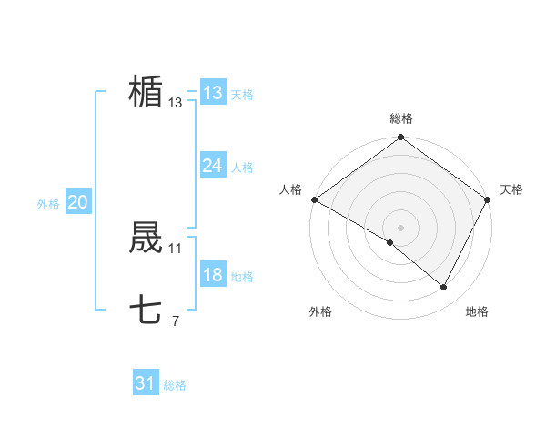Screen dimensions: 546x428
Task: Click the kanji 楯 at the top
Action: point(146,92)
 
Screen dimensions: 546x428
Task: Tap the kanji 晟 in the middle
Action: point(146,239)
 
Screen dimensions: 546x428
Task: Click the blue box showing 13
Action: point(213,93)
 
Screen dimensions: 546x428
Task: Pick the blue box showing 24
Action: point(213,166)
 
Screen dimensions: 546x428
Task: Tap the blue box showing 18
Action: point(213,276)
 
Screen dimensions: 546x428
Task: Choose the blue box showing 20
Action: point(77,202)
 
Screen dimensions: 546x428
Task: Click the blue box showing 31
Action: point(146,383)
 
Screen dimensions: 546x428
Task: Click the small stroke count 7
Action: point(176,321)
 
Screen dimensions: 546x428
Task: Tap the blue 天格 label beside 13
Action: point(242,95)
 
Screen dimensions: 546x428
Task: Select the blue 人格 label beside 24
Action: point(242,168)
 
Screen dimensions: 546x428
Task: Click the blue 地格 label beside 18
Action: point(242,278)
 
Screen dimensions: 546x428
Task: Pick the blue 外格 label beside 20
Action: point(48,204)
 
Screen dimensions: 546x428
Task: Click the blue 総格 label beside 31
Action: point(175,385)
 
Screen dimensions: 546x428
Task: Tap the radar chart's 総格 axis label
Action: point(401,118)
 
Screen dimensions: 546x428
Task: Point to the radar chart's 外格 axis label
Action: point(320,311)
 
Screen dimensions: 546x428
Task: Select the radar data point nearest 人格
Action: point(314,199)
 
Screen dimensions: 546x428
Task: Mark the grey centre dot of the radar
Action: point(401,227)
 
